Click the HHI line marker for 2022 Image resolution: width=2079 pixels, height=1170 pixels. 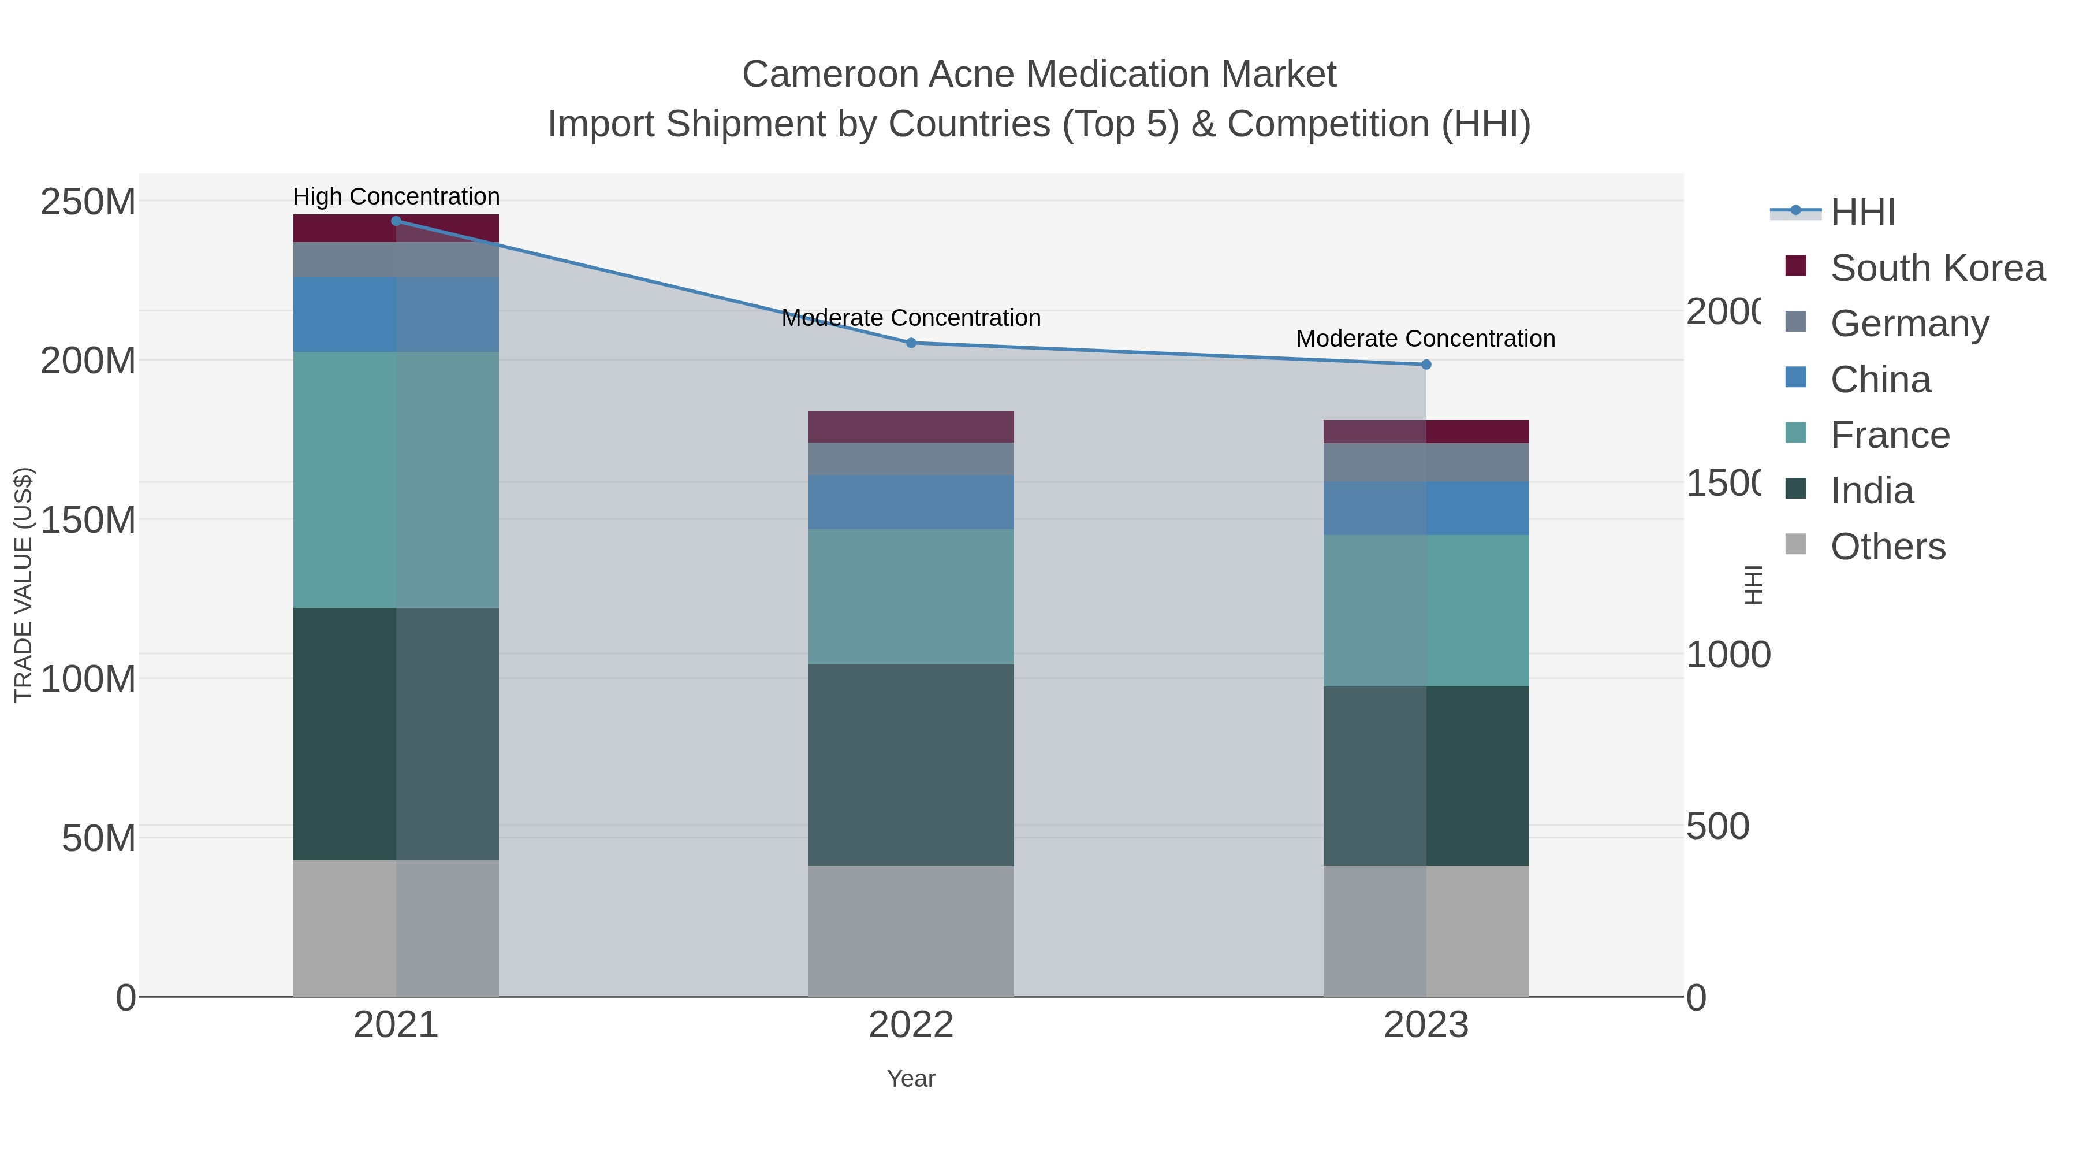[911, 343]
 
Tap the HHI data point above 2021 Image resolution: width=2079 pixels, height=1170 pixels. [396, 221]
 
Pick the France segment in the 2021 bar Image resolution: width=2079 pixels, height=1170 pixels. [396, 480]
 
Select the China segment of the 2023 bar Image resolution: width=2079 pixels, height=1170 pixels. [1426, 508]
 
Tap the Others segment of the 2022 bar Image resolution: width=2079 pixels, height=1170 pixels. [911, 931]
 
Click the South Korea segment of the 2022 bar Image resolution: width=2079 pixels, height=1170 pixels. [911, 427]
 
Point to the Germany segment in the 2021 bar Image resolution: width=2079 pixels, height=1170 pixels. [396, 259]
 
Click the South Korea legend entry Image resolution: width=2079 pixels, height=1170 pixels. [1937, 268]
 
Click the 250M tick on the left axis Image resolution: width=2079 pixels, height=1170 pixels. [88, 202]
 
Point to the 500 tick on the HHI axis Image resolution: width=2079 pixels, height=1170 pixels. [1718, 827]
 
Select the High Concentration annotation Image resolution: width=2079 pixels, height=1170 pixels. [396, 196]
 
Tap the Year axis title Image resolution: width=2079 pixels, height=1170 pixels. [911, 1079]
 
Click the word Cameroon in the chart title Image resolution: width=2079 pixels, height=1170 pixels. [830, 75]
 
